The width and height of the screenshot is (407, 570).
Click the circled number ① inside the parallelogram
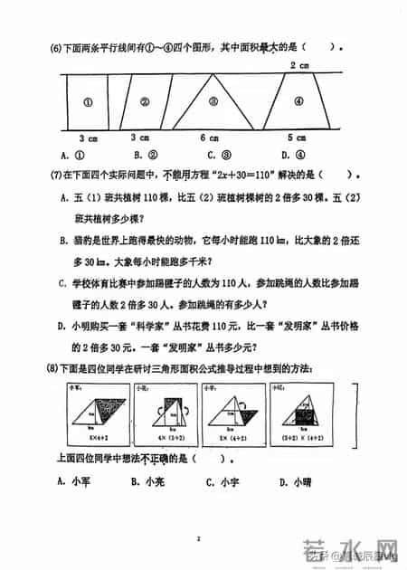pyautogui.click(x=88, y=102)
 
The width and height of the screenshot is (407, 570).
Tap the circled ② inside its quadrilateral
pyautogui.click(x=144, y=102)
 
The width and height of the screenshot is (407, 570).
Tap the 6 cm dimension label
pyautogui.click(x=209, y=138)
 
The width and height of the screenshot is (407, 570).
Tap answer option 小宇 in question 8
pyautogui.click(x=229, y=480)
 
